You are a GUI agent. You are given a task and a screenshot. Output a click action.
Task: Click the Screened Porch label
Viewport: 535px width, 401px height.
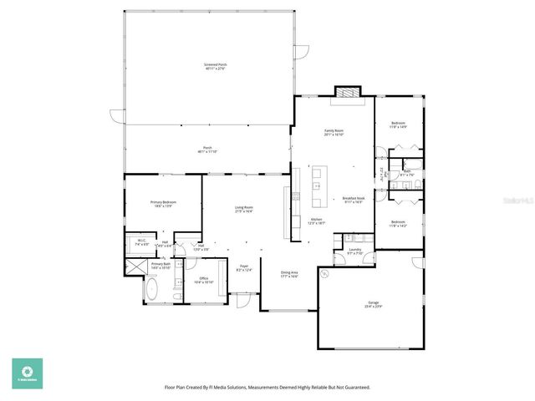click(x=215, y=66)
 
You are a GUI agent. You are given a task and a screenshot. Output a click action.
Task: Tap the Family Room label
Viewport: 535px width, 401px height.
click(x=334, y=132)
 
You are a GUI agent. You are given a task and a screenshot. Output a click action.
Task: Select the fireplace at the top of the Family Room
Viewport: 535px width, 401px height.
click(x=346, y=92)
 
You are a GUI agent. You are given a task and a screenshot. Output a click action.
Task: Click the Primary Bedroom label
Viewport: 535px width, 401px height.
click(x=162, y=204)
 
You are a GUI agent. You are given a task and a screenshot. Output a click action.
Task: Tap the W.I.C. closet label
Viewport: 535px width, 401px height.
click(x=142, y=243)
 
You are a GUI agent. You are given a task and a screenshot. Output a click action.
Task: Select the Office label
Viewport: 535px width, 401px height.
click(x=203, y=280)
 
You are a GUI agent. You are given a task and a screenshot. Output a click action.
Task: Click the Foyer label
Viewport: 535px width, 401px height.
click(x=244, y=268)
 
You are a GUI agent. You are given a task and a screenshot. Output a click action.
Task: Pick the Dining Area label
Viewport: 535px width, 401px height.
click(x=289, y=274)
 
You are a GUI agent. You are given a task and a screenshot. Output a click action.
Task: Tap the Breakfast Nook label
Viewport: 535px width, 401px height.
click(x=353, y=200)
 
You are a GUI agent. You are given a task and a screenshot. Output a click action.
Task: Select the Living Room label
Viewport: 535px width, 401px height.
click(x=243, y=210)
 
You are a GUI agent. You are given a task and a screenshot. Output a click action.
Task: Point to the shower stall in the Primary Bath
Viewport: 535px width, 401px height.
click(x=134, y=267)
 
